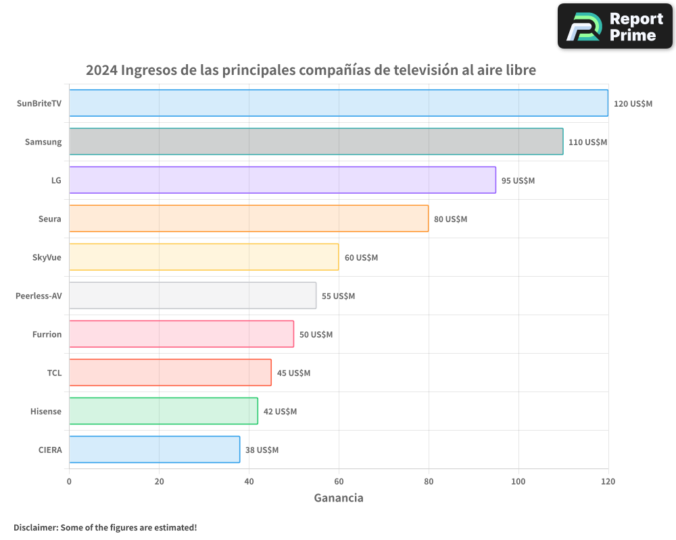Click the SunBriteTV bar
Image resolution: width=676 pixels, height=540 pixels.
(x=338, y=103)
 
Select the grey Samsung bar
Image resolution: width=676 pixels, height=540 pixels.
(x=316, y=142)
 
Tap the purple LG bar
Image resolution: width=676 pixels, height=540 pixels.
(x=282, y=180)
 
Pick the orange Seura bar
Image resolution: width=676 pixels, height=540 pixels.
(x=248, y=219)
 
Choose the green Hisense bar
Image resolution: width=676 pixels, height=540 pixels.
(x=163, y=411)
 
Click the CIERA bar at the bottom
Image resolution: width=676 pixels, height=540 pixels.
(x=154, y=450)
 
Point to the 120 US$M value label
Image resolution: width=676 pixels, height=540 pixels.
(x=633, y=104)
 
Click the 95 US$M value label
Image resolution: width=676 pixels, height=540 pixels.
(x=518, y=181)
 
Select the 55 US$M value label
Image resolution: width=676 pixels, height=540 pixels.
(x=338, y=296)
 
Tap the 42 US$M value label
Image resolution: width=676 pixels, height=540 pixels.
(x=280, y=412)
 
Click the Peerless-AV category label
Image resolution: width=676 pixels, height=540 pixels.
(x=39, y=296)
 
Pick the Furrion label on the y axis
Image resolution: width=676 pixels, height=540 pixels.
(x=47, y=334)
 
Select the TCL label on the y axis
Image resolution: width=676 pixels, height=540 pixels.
(x=54, y=373)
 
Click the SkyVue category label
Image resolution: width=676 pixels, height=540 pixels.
(x=47, y=257)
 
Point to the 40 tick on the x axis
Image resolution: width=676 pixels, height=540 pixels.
(x=249, y=481)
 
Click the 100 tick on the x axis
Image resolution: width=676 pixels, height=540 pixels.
(x=518, y=481)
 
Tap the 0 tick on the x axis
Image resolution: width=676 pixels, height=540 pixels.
(x=69, y=481)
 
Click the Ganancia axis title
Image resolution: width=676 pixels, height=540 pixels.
(x=338, y=498)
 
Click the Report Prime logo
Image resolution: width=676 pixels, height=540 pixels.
(x=615, y=26)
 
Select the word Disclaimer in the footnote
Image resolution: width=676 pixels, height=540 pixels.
(x=35, y=527)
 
